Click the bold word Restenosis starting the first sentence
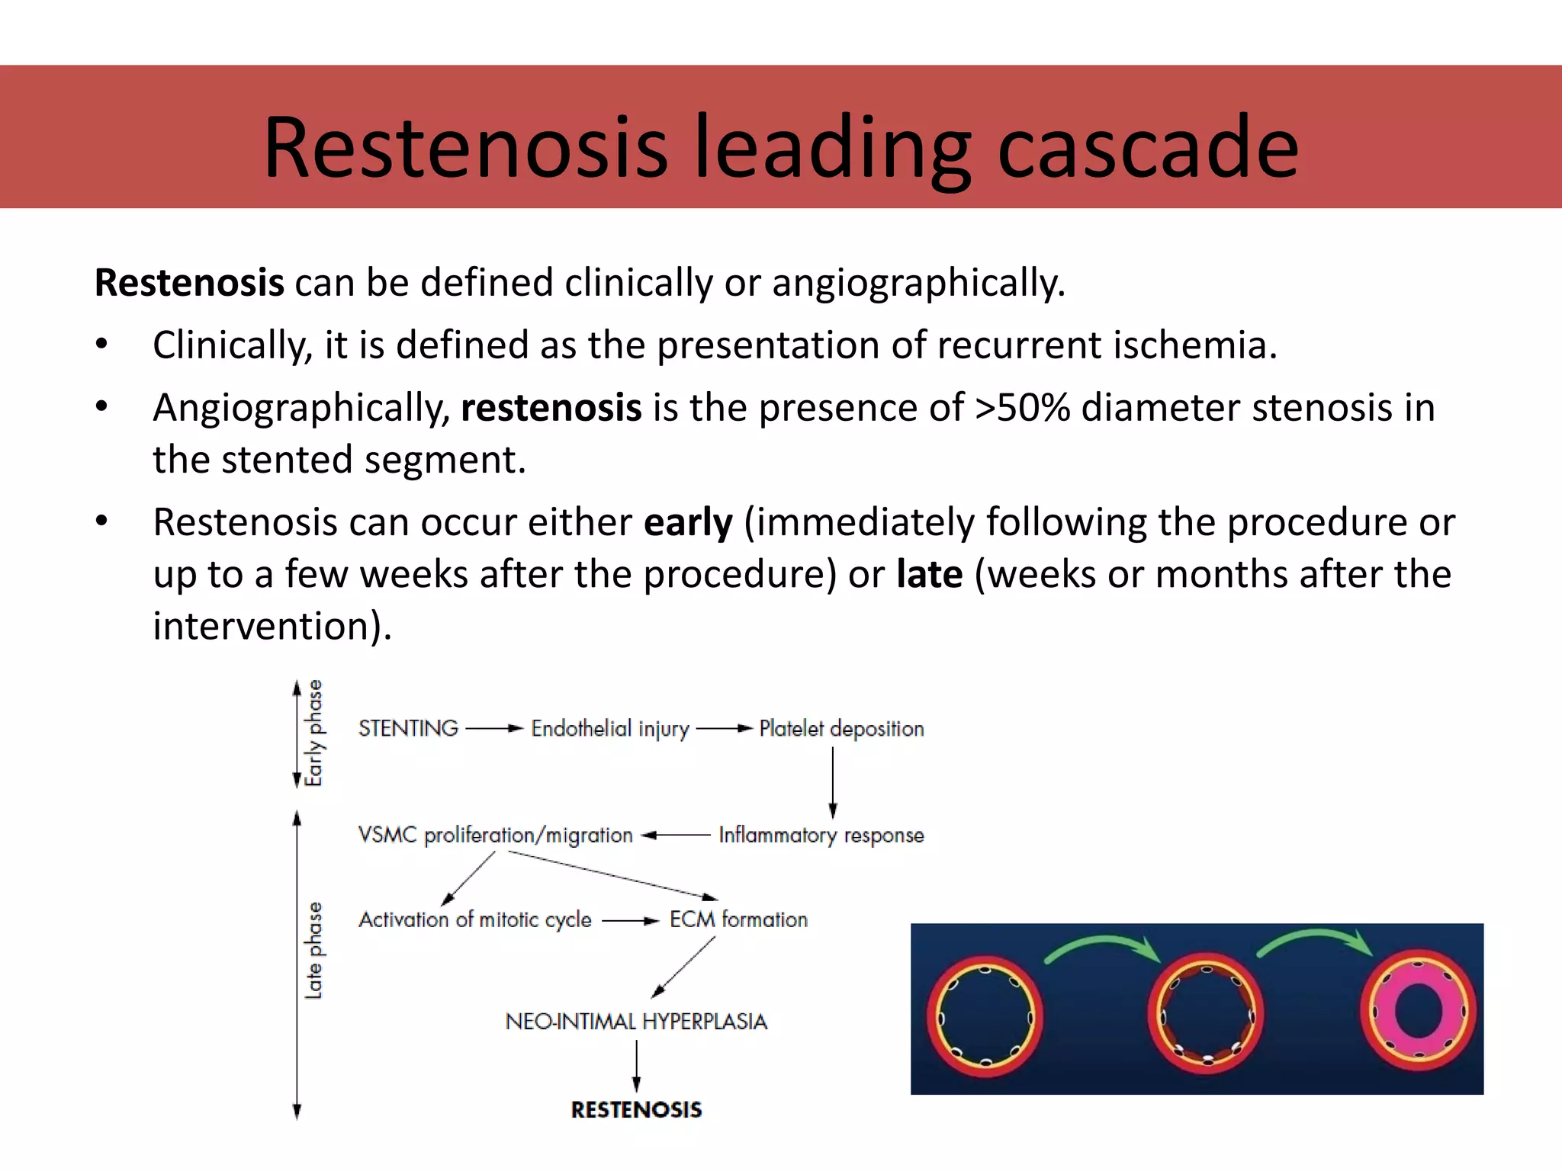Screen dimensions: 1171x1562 (x=189, y=283)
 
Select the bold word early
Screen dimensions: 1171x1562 (x=688, y=523)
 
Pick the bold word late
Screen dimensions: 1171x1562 (x=929, y=575)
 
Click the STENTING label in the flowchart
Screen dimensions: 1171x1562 (x=408, y=729)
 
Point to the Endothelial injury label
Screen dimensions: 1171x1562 (x=610, y=730)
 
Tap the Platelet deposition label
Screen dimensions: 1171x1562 (x=841, y=730)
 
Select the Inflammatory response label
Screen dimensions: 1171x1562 (x=821, y=836)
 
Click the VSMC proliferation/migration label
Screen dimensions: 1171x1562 (x=495, y=836)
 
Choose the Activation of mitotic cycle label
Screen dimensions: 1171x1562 (x=475, y=920)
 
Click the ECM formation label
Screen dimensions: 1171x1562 (x=738, y=920)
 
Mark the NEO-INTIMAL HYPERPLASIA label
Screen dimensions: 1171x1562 (x=636, y=1022)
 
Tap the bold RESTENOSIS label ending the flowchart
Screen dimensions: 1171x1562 (x=636, y=1110)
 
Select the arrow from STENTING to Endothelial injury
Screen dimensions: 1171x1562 (x=494, y=729)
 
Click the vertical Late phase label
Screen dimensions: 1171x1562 (x=313, y=951)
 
